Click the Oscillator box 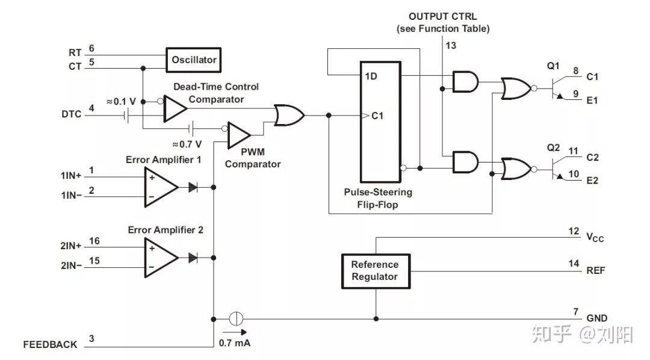194,60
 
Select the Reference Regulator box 374,270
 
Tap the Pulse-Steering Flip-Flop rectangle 380,121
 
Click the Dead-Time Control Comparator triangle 175,108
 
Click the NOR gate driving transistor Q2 516,167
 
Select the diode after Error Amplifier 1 193,187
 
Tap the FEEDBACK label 51,345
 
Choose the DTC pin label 71,114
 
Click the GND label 596,318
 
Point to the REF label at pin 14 596,271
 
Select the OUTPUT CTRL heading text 442,16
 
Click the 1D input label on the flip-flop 371,76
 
